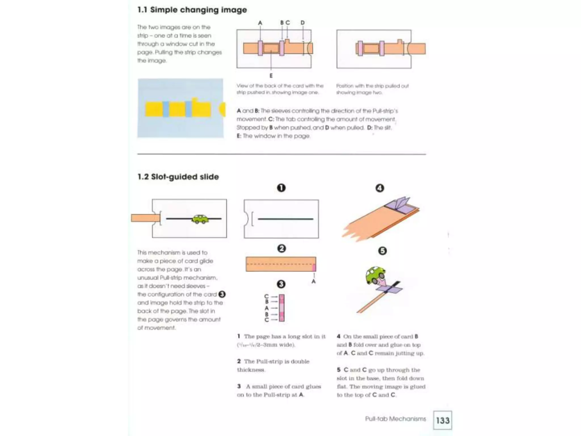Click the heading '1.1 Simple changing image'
pyautogui.click(x=192, y=10)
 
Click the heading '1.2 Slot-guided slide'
pyautogui.click(x=178, y=177)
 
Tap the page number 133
pyautogui.click(x=443, y=420)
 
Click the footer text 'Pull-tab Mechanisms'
pyautogui.click(x=395, y=419)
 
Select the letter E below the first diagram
pyautogui.click(x=271, y=76)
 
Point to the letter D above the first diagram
pyautogui.click(x=302, y=23)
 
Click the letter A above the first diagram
pyautogui.click(x=260, y=23)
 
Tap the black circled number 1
pyautogui.click(x=281, y=188)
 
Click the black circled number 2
pyautogui.click(x=281, y=249)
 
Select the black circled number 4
pyautogui.click(x=380, y=188)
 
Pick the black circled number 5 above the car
pyautogui.click(x=382, y=251)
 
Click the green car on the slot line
pyautogui.click(x=200, y=219)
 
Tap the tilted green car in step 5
pyautogui.click(x=375, y=274)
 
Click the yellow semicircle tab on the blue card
pyautogui.click(x=222, y=109)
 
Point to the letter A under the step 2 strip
pyautogui.click(x=313, y=282)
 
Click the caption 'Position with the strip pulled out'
pyautogui.click(x=372, y=86)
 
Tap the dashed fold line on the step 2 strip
pyautogui.click(x=279, y=264)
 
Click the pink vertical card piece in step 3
pyautogui.click(x=281, y=308)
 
